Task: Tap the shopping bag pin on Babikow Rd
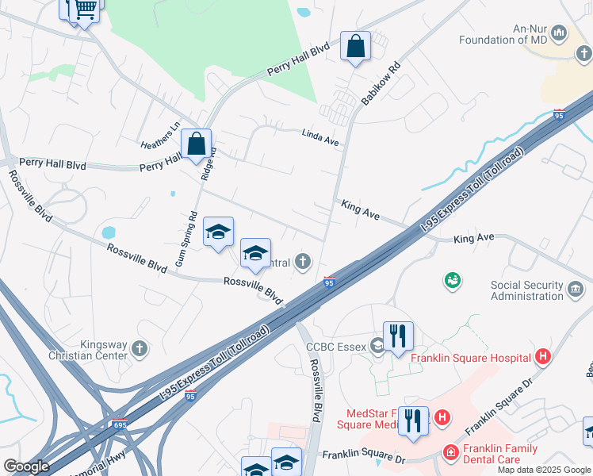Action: [355, 47]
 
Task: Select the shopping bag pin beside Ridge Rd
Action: [196, 145]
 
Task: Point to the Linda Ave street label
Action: [320, 137]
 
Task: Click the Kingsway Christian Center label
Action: [104, 350]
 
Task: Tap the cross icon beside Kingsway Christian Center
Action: [140, 347]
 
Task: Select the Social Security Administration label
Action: [526, 290]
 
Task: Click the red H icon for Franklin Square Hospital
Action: [543, 357]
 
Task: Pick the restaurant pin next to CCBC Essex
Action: [398, 336]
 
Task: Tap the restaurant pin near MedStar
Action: [413, 421]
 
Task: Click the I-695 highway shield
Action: [119, 426]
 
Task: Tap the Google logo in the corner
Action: [26, 466]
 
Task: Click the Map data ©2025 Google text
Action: [544, 470]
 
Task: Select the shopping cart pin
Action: [84, 10]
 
